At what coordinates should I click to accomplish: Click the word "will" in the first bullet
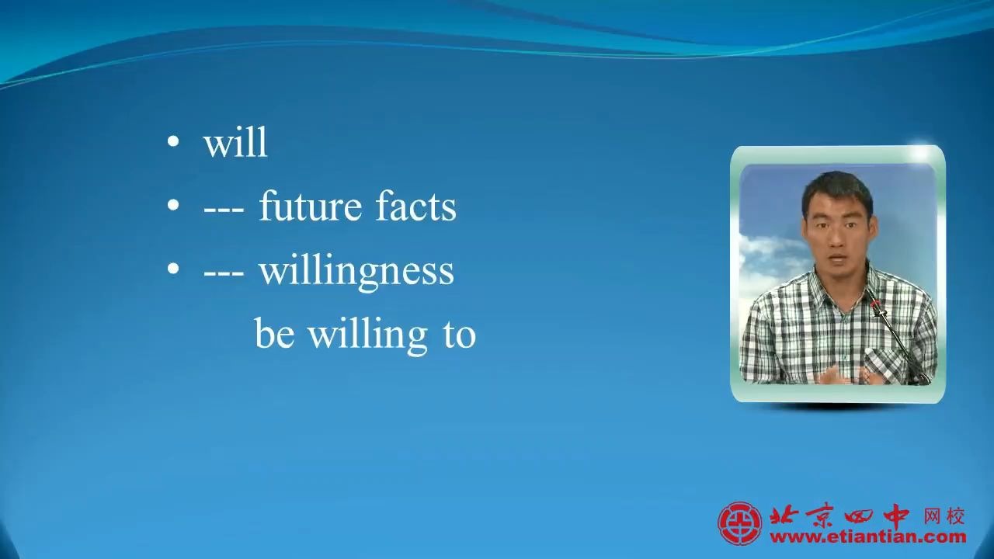pyautogui.click(x=235, y=142)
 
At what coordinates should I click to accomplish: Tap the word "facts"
pyautogui.click(x=415, y=207)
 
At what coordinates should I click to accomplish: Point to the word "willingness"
pyautogui.click(x=356, y=272)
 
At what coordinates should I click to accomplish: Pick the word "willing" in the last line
pyautogui.click(x=368, y=336)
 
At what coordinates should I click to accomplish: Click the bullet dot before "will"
pyautogui.click(x=173, y=141)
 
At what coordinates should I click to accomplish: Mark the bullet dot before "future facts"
pyautogui.click(x=173, y=205)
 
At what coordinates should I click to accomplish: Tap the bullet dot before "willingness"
pyautogui.click(x=173, y=269)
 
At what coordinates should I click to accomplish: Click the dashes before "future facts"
pyautogui.click(x=224, y=213)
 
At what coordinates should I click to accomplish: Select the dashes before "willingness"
pyautogui.click(x=224, y=276)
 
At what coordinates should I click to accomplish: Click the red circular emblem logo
pyautogui.click(x=740, y=523)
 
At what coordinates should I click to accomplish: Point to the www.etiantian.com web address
pyautogui.click(x=868, y=537)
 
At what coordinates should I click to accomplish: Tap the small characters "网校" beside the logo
pyautogui.click(x=944, y=516)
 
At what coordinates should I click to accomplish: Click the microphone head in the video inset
pyautogui.click(x=875, y=305)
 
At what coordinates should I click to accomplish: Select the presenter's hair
pyautogui.click(x=837, y=192)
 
